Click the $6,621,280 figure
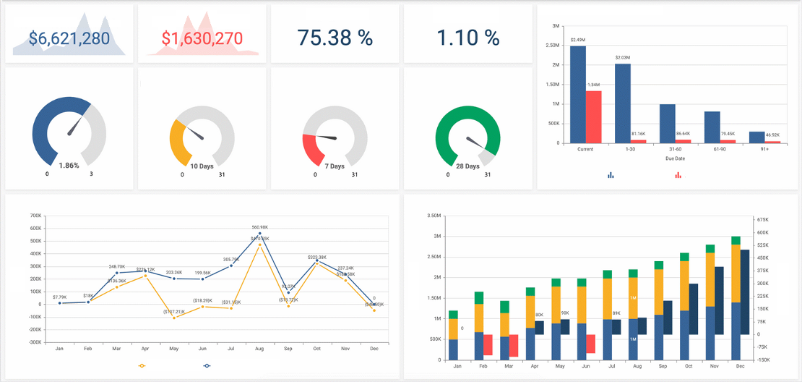[69, 38]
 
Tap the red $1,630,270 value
[202, 38]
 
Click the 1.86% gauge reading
[69, 166]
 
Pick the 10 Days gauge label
[202, 166]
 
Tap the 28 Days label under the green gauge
[467, 166]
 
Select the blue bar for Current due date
[578, 94]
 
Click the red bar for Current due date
[594, 116]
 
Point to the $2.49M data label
[578, 40]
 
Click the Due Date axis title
[675, 158]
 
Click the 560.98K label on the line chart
[259, 227]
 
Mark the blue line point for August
[259, 234]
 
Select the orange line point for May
[174, 318]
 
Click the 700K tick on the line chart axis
[35, 216]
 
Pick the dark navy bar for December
[745, 292]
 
